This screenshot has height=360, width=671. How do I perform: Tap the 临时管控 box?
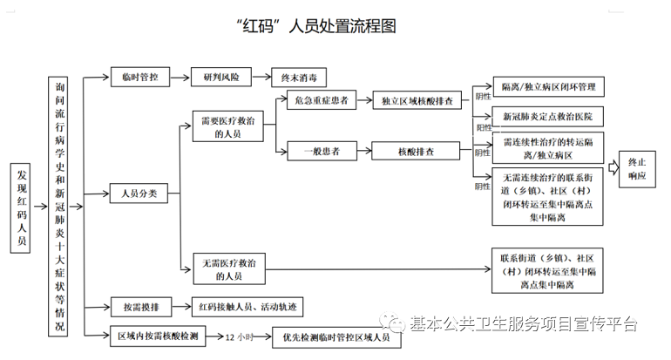tap(139, 77)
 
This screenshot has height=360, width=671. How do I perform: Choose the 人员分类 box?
tap(139, 194)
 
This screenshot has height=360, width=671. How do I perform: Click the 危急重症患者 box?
tap(321, 101)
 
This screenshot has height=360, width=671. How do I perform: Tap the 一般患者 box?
tap(321, 152)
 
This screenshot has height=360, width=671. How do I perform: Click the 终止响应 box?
tap(637, 169)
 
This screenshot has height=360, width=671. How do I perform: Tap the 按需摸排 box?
tap(139, 306)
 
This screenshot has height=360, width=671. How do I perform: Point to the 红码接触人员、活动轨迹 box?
tap(246, 306)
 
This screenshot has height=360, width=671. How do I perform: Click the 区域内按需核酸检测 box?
tap(157, 335)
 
